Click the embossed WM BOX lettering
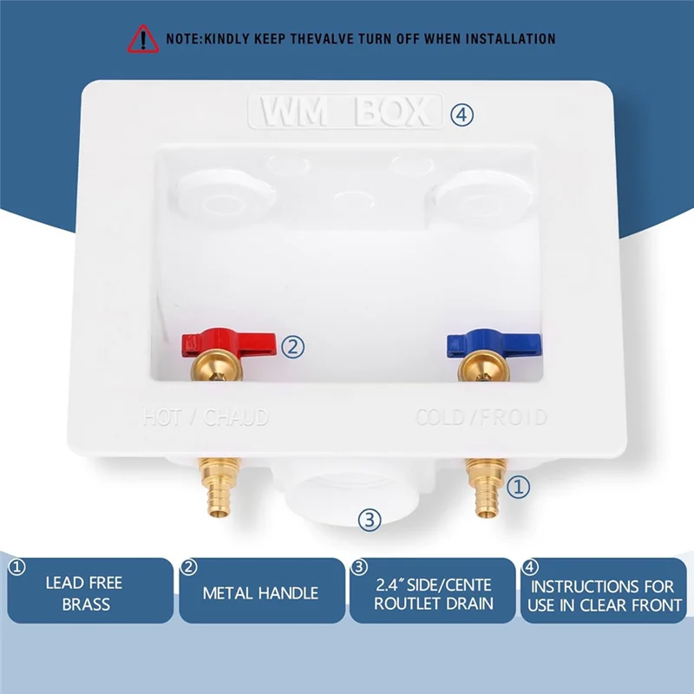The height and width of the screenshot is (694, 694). [344, 113]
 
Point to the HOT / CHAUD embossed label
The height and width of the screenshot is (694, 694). [206, 417]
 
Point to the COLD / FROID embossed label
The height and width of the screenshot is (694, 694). [481, 417]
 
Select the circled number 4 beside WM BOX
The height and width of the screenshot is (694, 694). [462, 113]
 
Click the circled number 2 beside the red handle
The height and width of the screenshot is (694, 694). [295, 347]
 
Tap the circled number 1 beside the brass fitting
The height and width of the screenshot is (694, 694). [518, 488]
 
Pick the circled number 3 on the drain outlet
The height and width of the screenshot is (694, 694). [370, 520]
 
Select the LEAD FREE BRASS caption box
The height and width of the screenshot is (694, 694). [90, 592]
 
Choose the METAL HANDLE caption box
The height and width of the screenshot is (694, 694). [260, 593]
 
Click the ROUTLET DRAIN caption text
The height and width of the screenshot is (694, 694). [433, 603]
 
